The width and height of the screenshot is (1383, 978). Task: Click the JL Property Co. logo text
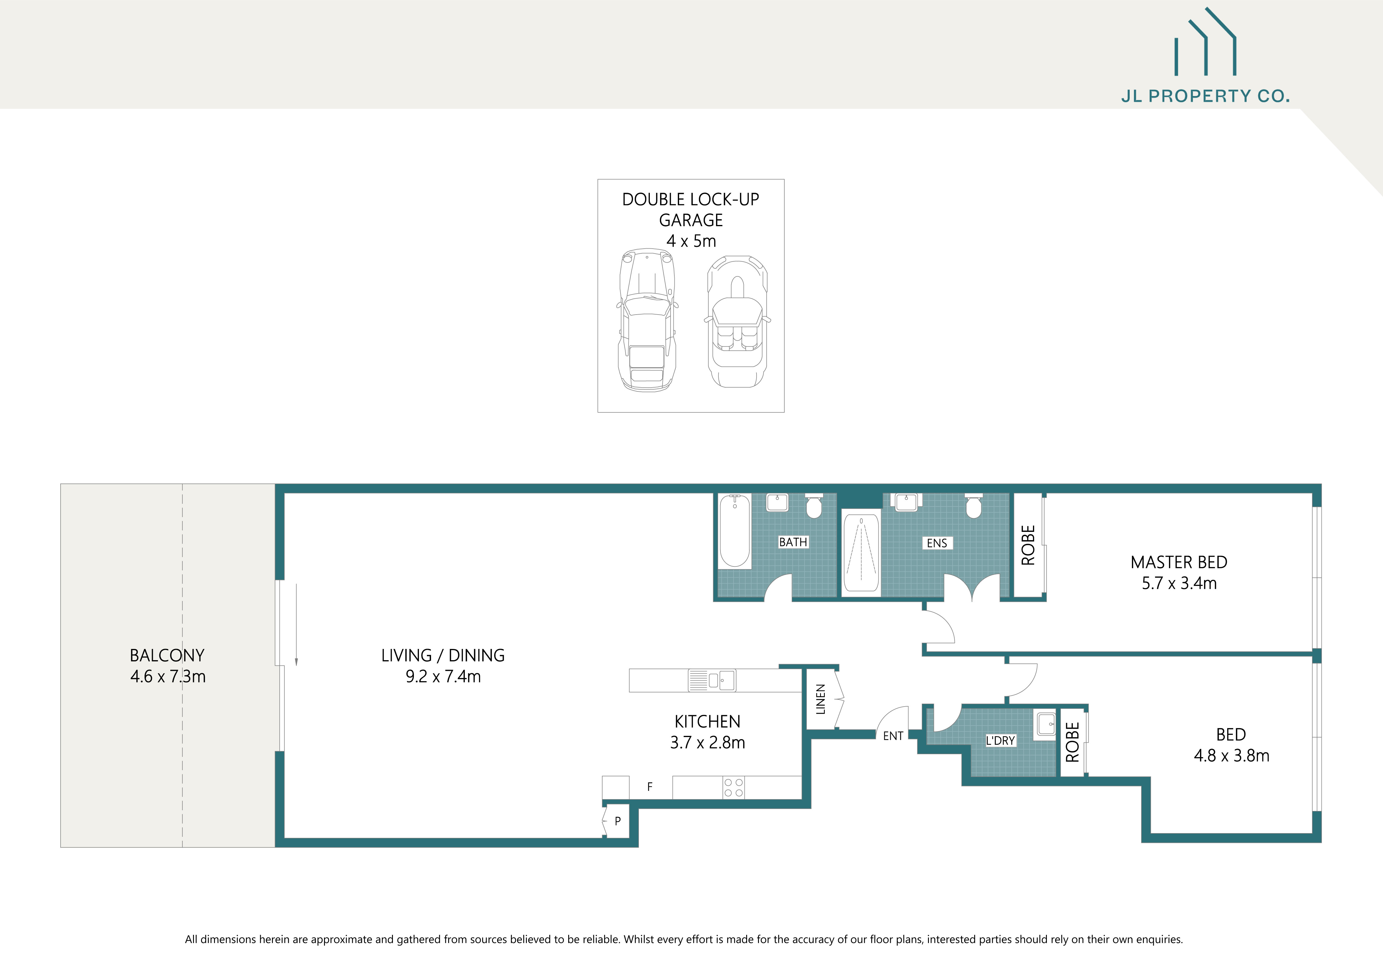pyautogui.click(x=1205, y=96)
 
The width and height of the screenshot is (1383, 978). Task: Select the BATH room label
pyautogui.click(x=793, y=542)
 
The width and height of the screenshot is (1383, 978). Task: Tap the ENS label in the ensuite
pyautogui.click(x=937, y=543)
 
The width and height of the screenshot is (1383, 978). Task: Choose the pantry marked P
pyautogui.click(x=617, y=821)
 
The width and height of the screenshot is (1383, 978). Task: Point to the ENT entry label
pyautogui.click(x=893, y=736)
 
